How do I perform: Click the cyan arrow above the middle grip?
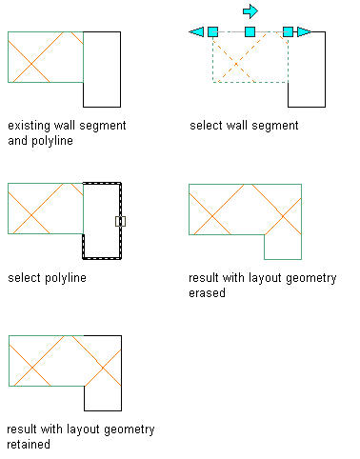point(250,11)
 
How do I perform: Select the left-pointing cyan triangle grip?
point(196,31)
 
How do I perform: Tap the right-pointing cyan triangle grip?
point(304,31)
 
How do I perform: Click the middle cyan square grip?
point(250,31)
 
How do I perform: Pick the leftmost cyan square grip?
point(212,31)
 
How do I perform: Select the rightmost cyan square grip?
point(288,31)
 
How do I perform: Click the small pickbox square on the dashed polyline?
point(120,221)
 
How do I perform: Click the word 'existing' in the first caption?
point(29,126)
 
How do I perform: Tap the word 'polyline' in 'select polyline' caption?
point(66,278)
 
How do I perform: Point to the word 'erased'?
point(207,292)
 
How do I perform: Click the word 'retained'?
point(29,444)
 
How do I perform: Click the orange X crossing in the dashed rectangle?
point(236,64)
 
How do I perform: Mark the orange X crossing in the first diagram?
point(31,64)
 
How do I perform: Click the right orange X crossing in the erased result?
point(283,216)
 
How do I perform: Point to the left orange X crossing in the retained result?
point(32,368)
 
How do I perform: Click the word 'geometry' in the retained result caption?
point(130,429)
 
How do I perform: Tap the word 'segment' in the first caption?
point(103,126)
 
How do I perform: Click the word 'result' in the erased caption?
point(204,278)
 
